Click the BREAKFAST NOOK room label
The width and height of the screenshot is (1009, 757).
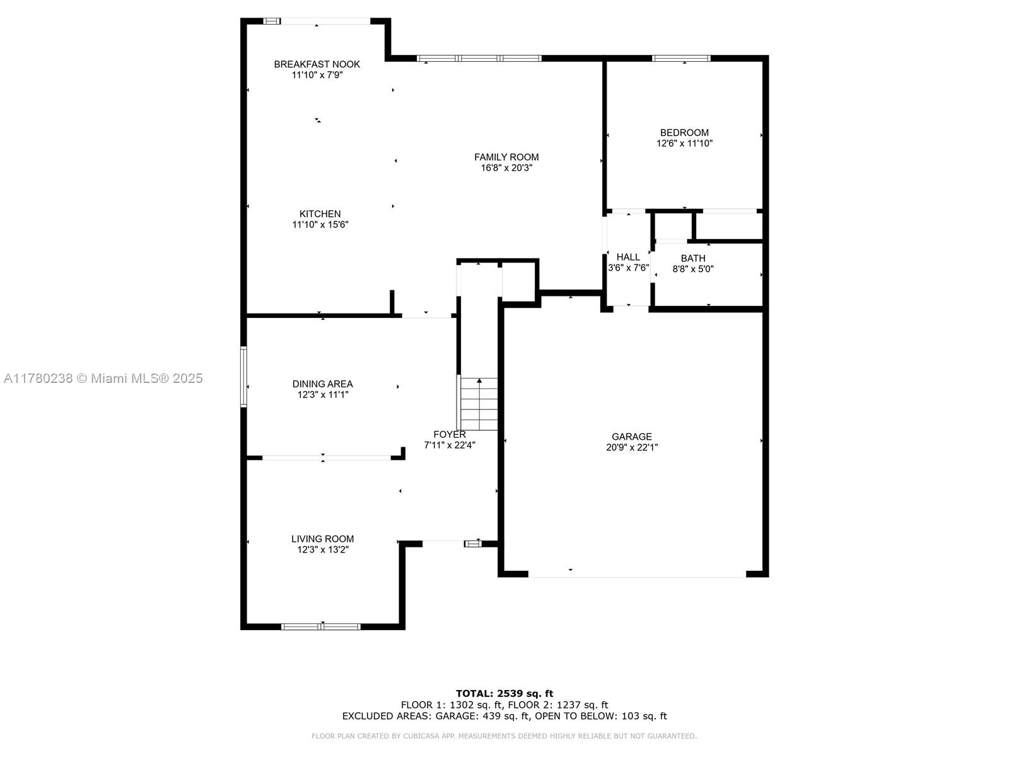coord(317,64)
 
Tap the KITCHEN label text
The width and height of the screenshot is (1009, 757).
coord(320,214)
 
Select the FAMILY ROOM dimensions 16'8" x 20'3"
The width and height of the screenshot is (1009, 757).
coord(506,168)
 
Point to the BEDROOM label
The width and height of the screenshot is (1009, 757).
coord(684,132)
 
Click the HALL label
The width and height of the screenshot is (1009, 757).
coord(628,257)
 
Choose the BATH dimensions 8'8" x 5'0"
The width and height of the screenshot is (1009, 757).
coord(692,269)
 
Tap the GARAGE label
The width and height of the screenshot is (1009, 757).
coord(632,437)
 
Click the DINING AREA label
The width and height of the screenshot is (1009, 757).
coord(323,384)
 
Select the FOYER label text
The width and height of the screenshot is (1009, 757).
coord(450,435)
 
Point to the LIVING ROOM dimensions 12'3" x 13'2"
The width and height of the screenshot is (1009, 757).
coord(323,549)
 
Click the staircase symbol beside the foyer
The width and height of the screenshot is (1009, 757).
coord(478,404)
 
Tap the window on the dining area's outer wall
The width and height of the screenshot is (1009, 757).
coord(243,377)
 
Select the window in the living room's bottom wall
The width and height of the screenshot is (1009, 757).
coord(321,626)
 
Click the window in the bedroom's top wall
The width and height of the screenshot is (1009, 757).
coord(681,59)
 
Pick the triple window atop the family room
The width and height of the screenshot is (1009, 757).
coord(479,59)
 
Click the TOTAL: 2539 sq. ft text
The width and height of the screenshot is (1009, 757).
coord(504,693)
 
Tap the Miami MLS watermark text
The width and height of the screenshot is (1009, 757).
coord(103,378)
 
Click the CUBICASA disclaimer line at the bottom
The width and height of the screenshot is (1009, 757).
coord(504,736)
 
